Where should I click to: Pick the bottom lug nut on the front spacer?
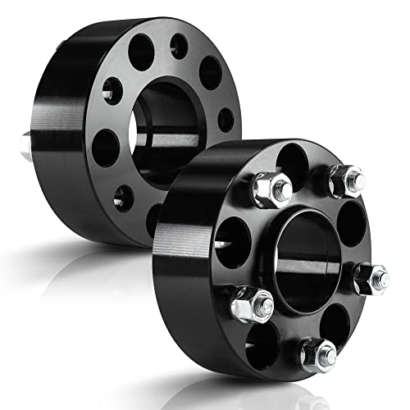coord(317,355)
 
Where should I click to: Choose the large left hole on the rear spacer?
coord(105,148)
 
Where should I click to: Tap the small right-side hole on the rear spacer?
coord(225,119)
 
